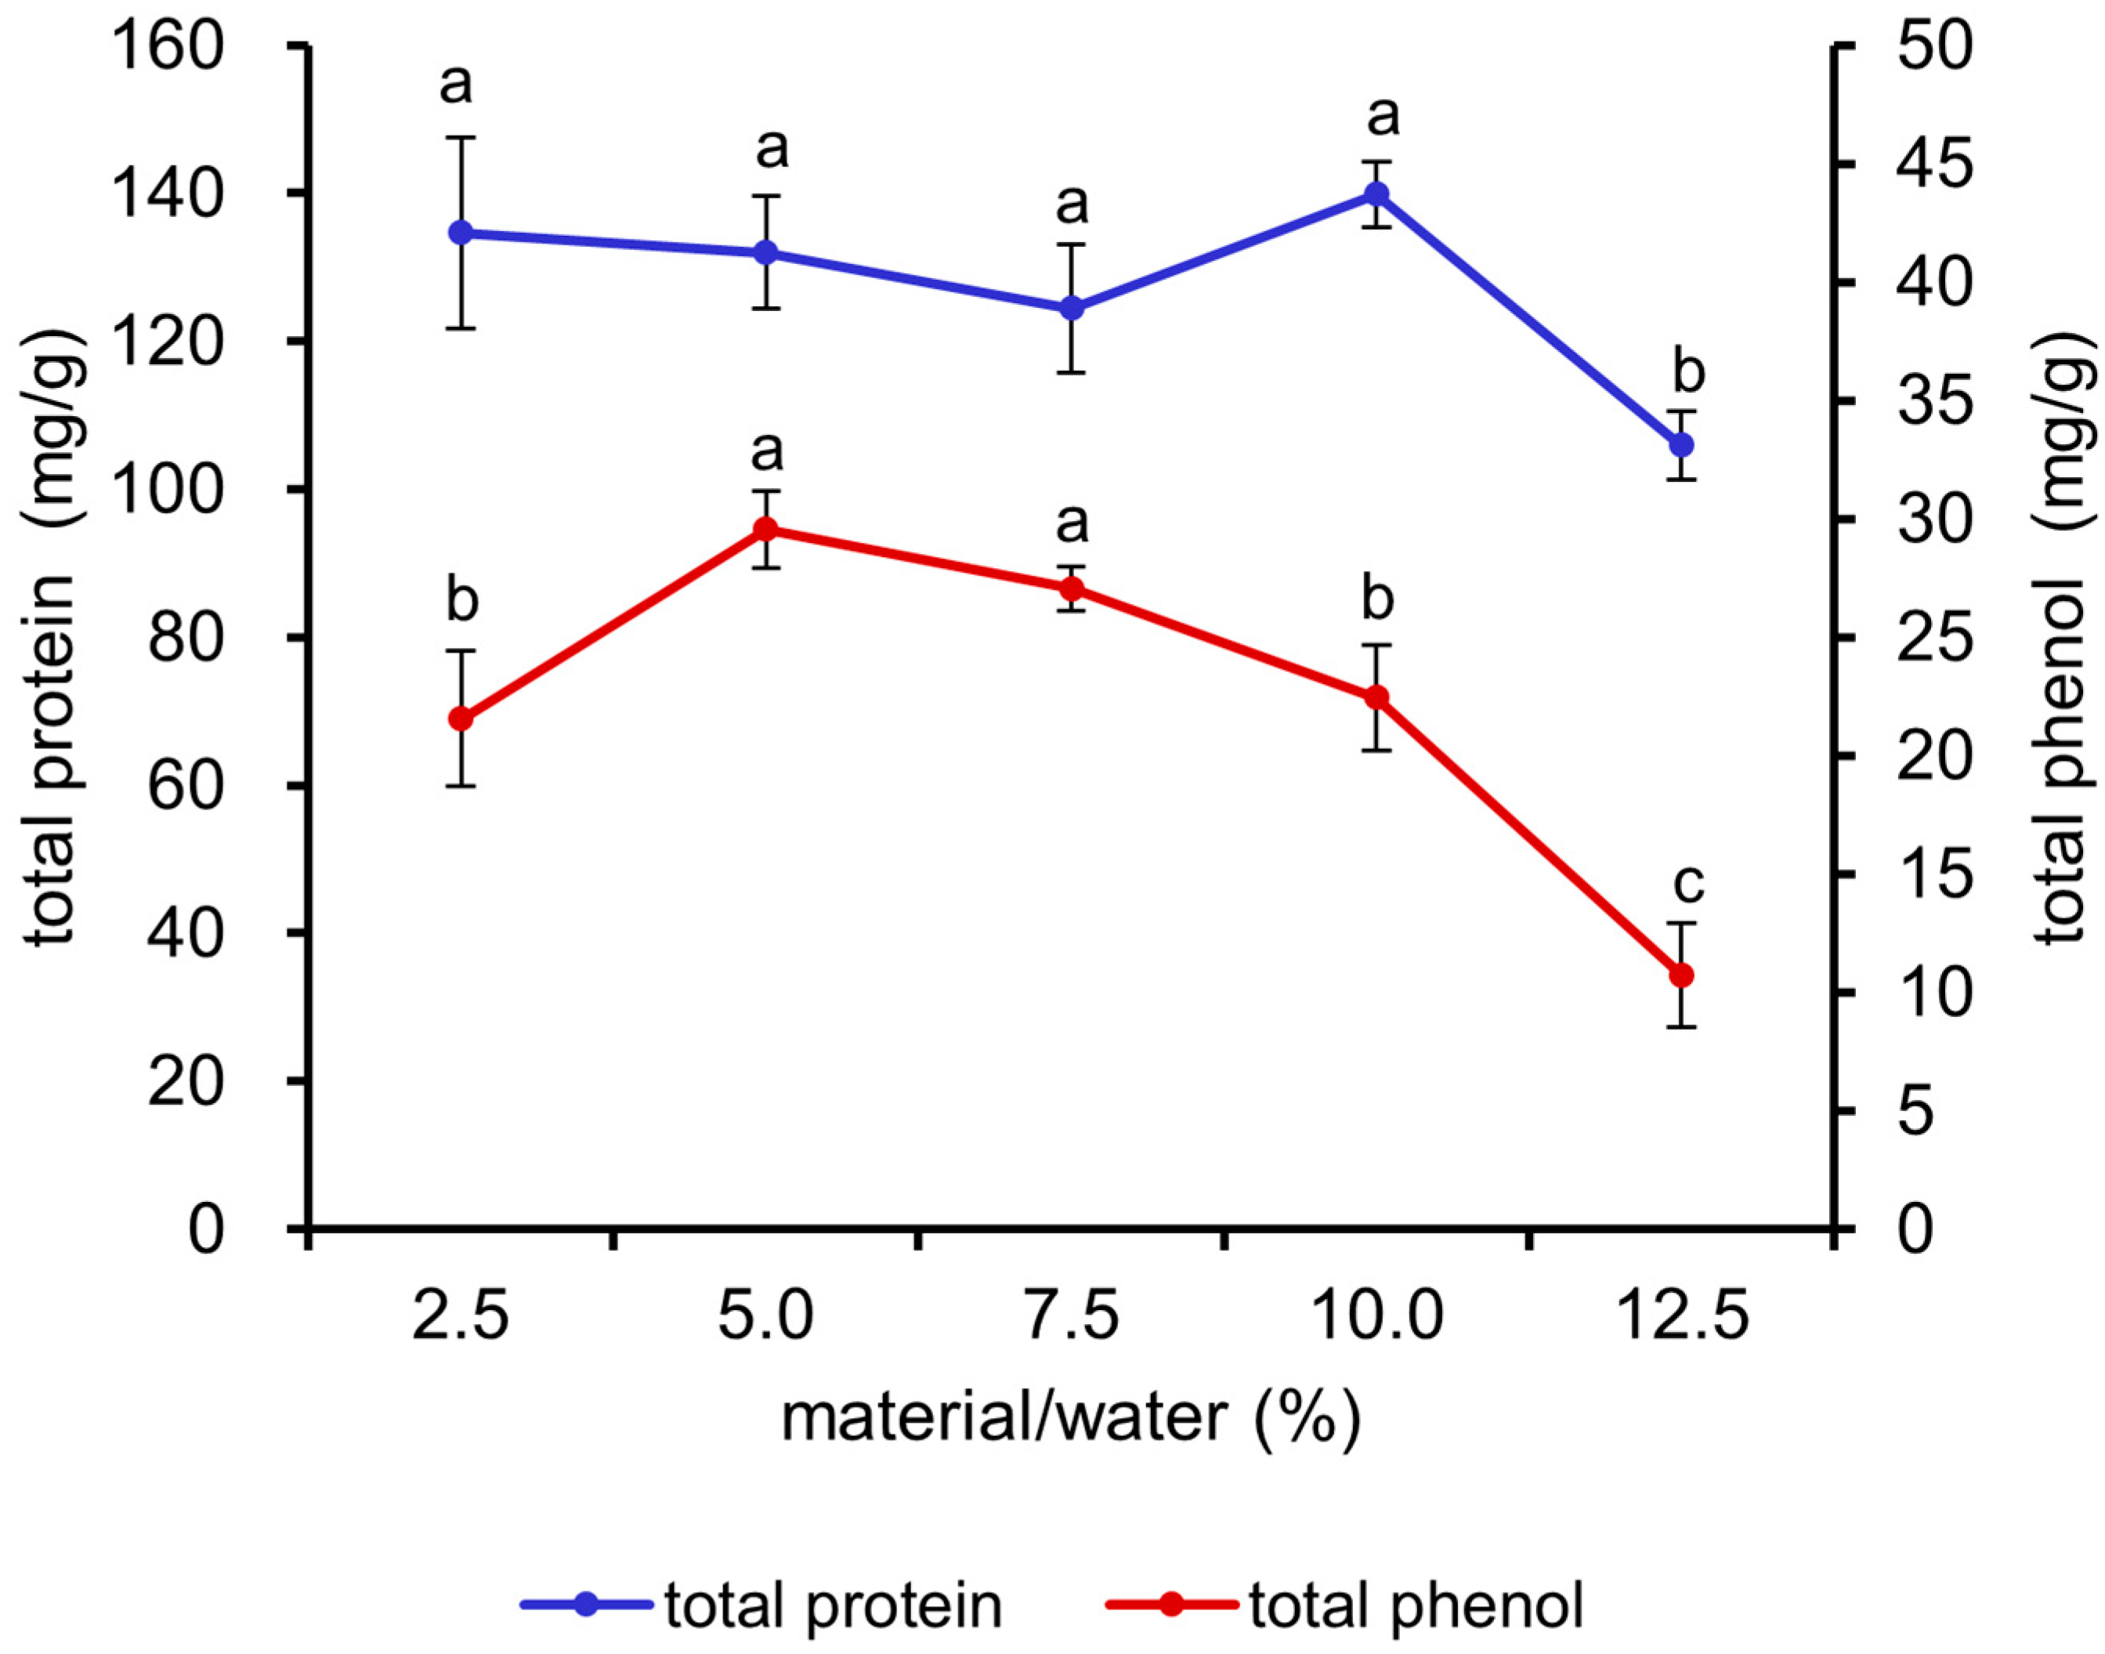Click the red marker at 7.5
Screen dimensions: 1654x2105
1071,588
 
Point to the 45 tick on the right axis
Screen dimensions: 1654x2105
1933,165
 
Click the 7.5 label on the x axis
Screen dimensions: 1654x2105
1072,1318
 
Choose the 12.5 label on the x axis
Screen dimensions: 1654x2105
1683,1318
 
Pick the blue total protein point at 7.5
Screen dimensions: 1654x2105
1071,309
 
